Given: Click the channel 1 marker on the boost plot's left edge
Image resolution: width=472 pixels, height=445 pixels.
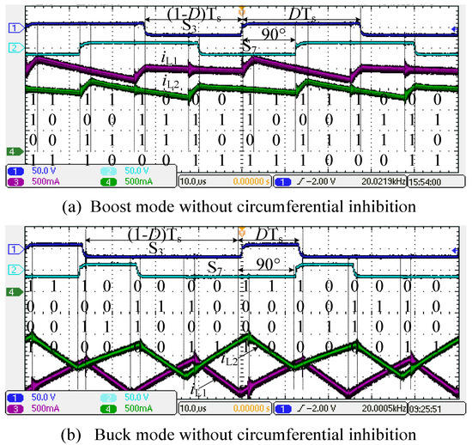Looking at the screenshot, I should pyautogui.click(x=14, y=28).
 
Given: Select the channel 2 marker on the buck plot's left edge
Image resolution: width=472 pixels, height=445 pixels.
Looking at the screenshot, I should pyautogui.click(x=14, y=271).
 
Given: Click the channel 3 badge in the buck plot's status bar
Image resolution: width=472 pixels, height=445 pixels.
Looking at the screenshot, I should pyautogui.click(x=14, y=411).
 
